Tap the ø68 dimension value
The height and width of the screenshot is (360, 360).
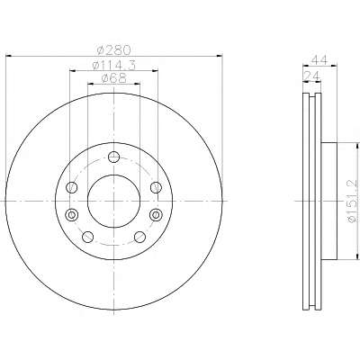(x=112, y=79)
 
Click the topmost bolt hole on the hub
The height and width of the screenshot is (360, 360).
(x=113, y=159)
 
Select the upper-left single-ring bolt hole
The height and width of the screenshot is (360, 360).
(x=71, y=188)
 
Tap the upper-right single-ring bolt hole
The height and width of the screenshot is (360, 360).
(x=156, y=188)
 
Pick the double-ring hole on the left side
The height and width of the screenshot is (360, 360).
(x=71, y=214)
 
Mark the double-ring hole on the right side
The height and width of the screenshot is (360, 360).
(x=156, y=214)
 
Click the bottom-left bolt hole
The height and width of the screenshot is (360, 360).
(x=87, y=237)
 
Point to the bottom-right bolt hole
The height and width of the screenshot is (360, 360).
(x=139, y=237)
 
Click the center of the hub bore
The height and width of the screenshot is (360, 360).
(x=113, y=202)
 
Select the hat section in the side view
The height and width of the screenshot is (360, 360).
(x=326, y=202)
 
